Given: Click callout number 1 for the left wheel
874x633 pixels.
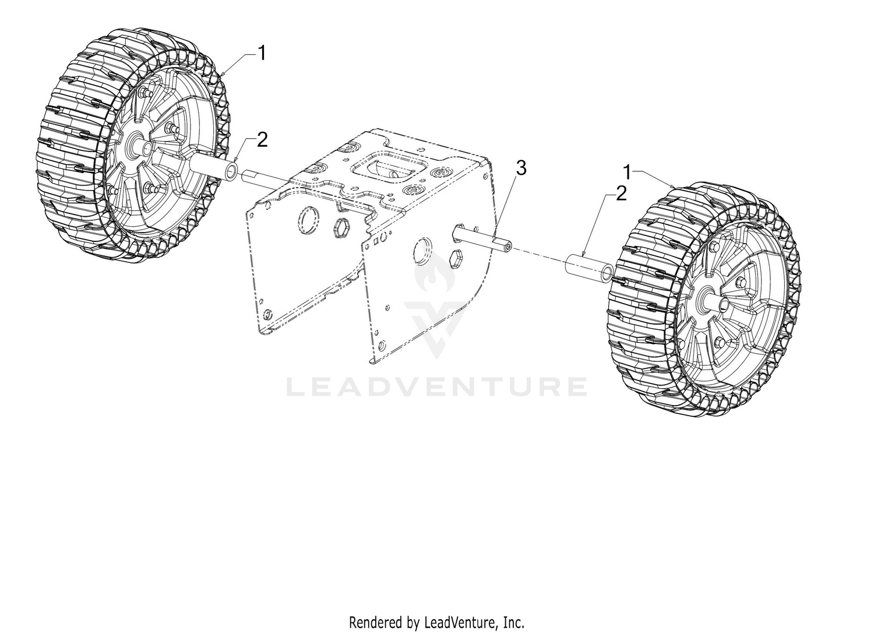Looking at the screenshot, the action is coord(262,53).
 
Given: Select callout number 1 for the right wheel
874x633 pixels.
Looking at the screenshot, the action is coord(628,172).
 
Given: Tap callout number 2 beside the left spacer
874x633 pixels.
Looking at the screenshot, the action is coord(262,140).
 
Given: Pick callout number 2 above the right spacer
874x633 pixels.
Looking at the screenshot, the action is coord(621,194).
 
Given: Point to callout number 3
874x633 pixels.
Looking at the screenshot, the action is coord(521,168).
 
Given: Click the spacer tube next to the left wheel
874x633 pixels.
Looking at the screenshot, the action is coord(214,167).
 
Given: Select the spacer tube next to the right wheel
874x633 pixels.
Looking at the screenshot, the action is coord(590,268).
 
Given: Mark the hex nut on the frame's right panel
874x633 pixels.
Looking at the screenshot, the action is coord(454,260).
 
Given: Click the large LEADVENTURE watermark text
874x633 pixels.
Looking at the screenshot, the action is coord(437,387).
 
